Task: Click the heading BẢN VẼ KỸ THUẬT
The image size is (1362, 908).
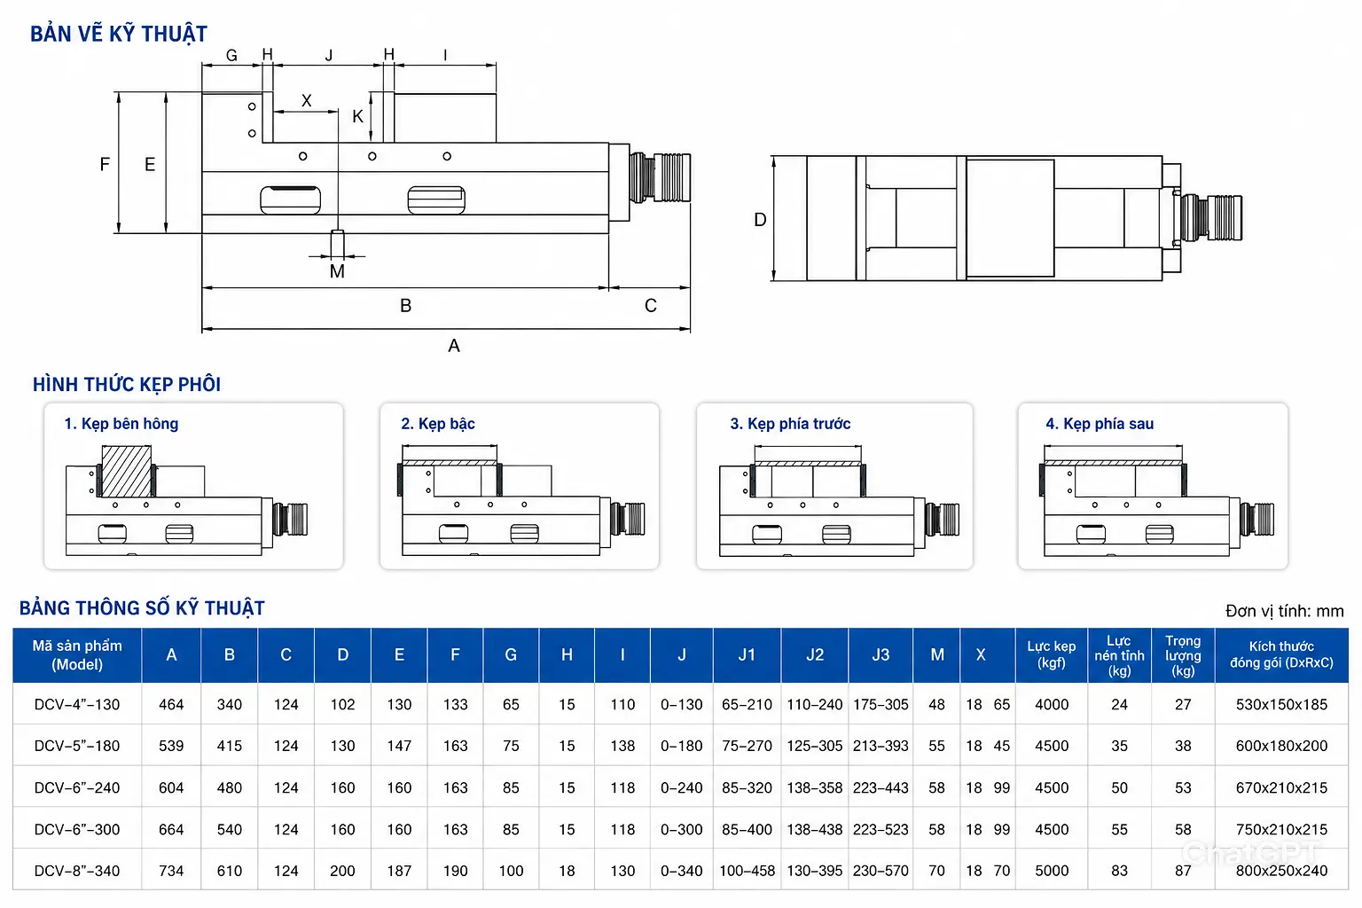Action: point(119,34)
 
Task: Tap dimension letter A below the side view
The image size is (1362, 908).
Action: point(454,346)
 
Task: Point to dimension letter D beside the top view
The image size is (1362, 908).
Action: point(760,220)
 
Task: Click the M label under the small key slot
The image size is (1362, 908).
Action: point(337,271)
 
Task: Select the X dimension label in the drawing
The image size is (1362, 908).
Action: point(307,100)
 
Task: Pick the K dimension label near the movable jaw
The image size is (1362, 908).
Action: point(357,116)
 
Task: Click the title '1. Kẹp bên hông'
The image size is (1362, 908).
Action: point(121,424)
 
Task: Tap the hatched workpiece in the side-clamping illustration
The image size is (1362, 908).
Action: point(127,471)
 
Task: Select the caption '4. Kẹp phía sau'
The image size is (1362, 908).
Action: point(1100,424)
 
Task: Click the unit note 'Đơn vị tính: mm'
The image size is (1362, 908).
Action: point(1284,611)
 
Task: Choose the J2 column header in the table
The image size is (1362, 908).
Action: point(815,654)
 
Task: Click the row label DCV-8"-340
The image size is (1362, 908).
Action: point(77,870)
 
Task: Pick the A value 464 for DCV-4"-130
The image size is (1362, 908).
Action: point(171,704)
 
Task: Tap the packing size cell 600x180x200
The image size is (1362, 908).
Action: point(1281,746)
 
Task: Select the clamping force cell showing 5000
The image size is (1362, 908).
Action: point(1052,870)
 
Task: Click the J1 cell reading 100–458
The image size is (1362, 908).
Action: point(748,870)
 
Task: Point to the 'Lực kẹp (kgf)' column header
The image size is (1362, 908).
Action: point(1052,654)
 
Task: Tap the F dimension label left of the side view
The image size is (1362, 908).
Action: point(106,164)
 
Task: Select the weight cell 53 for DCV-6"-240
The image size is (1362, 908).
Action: point(1183,787)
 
